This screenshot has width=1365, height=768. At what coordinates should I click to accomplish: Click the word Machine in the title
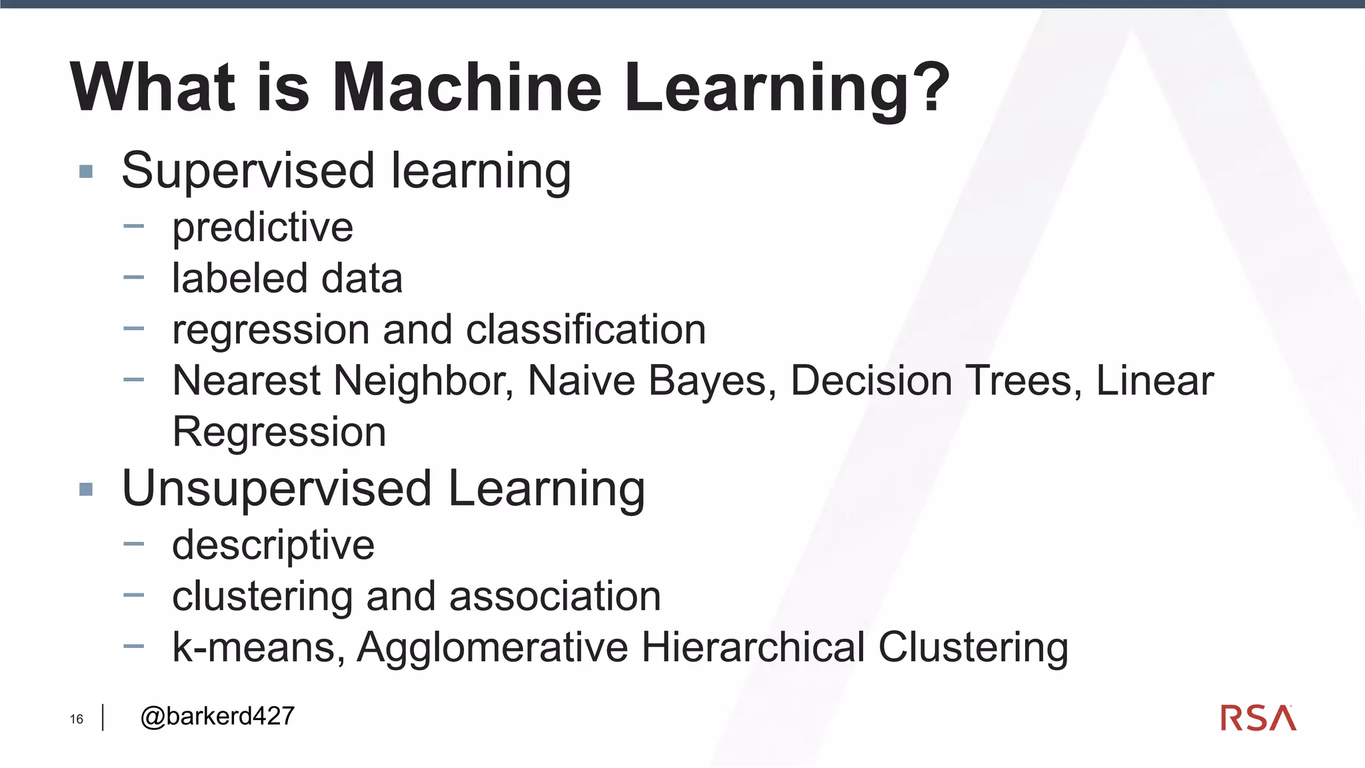[467, 88]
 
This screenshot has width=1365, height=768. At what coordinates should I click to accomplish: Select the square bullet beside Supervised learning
[86, 172]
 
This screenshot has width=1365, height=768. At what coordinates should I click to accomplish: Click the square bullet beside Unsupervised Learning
[86, 490]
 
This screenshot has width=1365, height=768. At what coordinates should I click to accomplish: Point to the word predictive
[263, 228]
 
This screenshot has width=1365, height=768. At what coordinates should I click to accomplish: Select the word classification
[586, 329]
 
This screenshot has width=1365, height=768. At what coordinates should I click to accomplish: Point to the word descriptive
[273, 546]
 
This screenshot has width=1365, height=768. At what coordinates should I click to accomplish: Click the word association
[555, 596]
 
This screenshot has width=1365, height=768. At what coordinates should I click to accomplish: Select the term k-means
[259, 647]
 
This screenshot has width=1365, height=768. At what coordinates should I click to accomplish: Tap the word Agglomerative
[493, 647]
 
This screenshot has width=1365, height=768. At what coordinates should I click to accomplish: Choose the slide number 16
[77, 719]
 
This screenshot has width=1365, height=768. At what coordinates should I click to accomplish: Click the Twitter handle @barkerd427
[217, 717]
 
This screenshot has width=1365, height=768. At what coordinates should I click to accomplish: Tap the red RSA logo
[1258, 718]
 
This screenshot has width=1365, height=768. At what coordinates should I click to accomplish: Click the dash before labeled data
[133, 277]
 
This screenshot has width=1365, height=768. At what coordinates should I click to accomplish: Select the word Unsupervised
[277, 489]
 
